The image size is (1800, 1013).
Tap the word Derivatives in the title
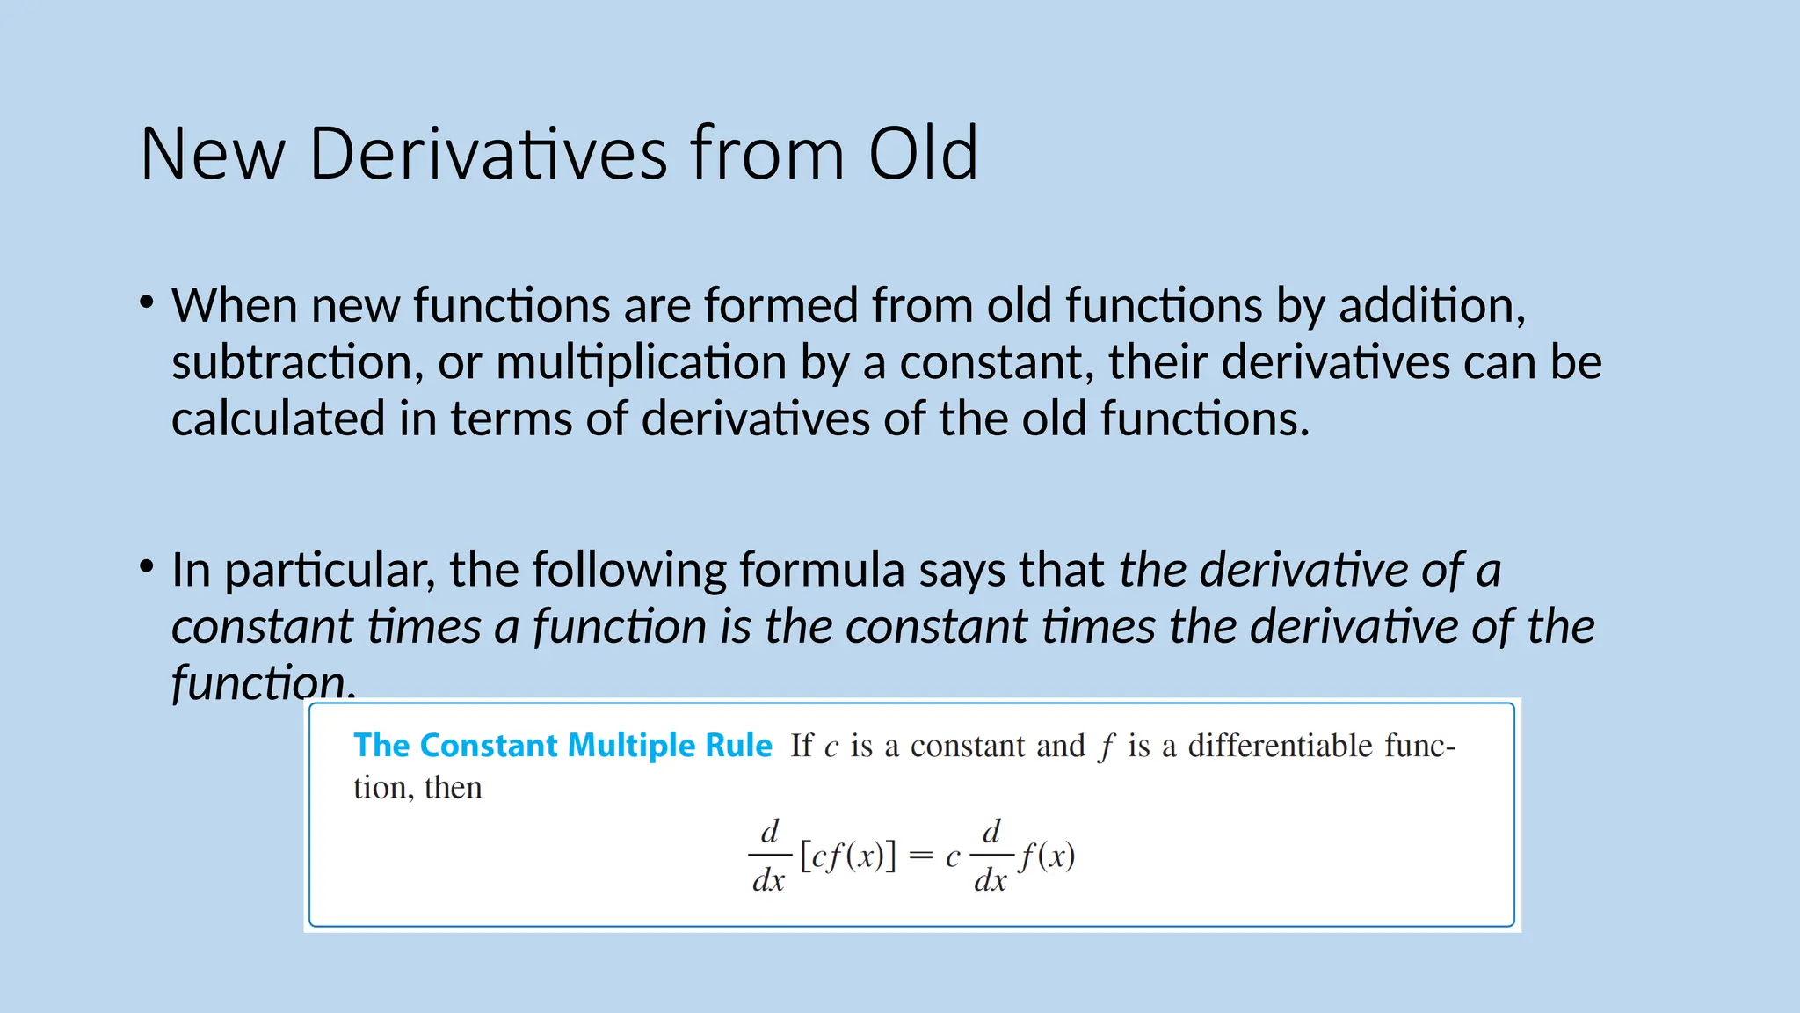[488, 154]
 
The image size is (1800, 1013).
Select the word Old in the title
[922, 154]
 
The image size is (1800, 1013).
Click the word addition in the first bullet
[1432, 306]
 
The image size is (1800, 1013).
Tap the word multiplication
[641, 362]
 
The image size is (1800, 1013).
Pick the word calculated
[278, 419]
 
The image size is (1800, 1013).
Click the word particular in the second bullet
[330, 570]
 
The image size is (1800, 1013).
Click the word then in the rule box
[453, 788]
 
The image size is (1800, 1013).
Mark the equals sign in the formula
[920, 856]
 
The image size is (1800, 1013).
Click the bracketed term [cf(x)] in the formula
[848, 856]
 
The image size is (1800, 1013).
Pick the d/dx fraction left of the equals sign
[769, 856]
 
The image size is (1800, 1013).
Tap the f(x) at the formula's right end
[1047, 856]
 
